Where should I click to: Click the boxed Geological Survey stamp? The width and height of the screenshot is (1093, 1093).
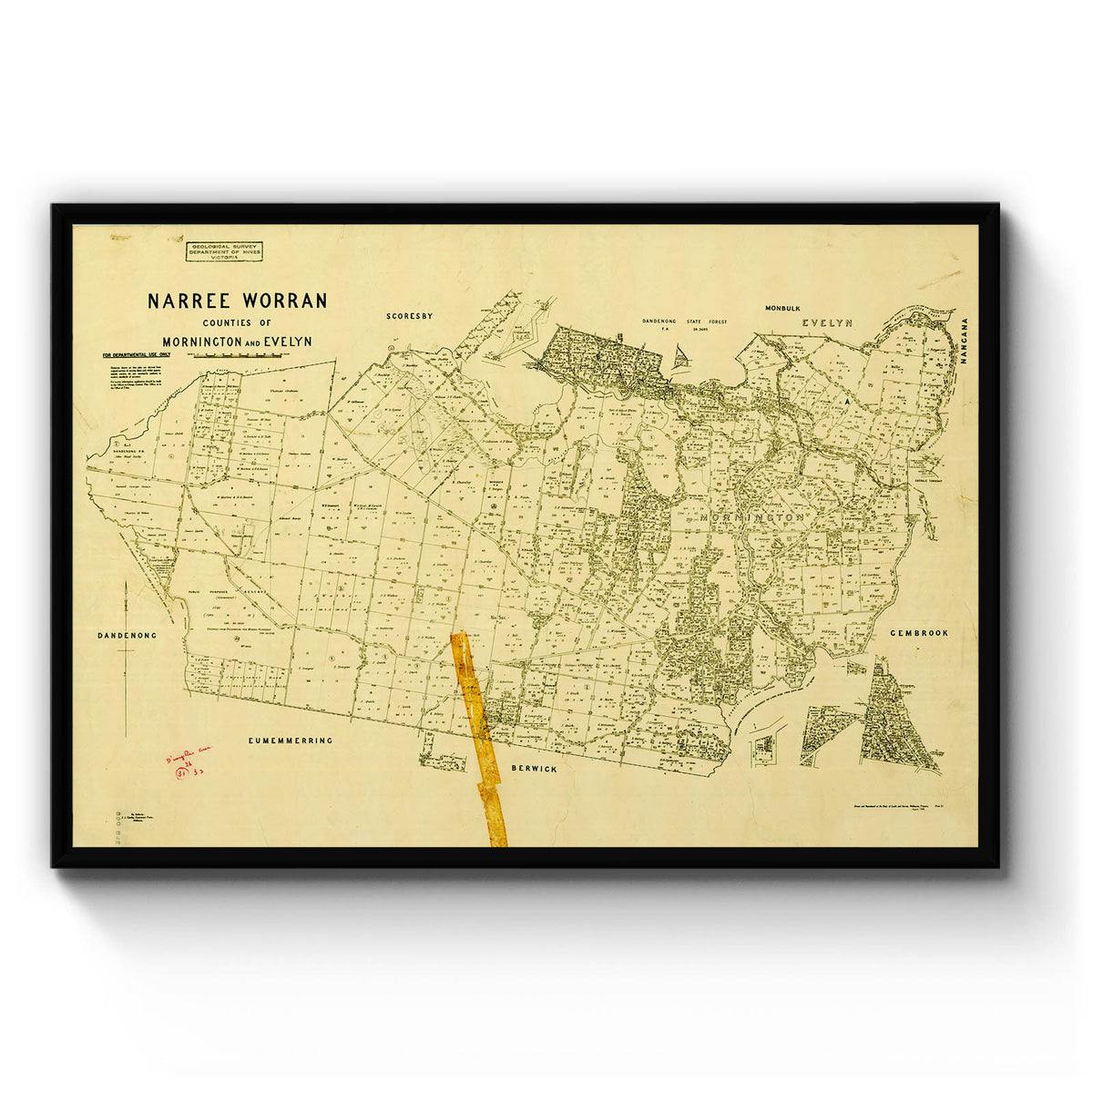(x=222, y=251)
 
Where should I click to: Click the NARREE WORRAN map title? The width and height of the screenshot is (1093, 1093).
(x=237, y=301)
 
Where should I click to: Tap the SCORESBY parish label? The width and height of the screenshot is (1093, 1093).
(x=408, y=316)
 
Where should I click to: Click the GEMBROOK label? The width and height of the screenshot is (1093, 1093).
(x=919, y=632)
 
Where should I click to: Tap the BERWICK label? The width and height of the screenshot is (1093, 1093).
(x=534, y=769)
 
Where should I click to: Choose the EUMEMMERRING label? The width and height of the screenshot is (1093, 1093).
(x=291, y=741)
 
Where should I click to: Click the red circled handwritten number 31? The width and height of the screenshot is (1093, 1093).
(x=181, y=772)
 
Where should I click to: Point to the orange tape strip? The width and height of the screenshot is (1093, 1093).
(x=480, y=738)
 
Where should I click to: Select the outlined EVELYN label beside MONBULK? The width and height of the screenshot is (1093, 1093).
(x=826, y=322)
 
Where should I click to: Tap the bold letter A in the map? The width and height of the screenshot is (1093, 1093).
(x=846, y=399)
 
